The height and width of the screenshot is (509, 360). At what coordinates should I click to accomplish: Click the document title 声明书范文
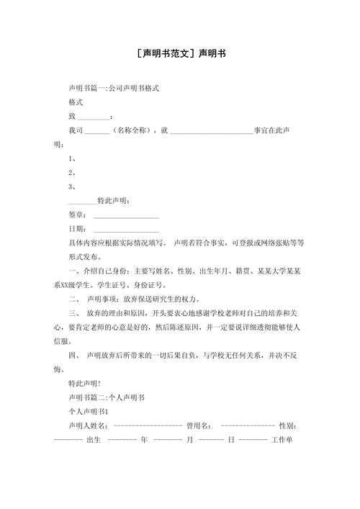(x=180, y=53)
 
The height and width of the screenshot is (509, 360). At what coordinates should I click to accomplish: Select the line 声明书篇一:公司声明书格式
(x=113, y=88)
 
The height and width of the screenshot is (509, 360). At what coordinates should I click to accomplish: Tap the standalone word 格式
(x=76, y=102)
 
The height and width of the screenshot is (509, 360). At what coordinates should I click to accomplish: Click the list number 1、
(x=72, y=158)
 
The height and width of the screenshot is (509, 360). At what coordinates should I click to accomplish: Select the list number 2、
(x=72, y=172)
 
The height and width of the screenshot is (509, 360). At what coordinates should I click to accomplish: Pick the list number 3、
(x=72, y=186)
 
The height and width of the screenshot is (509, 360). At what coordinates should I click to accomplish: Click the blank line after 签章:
(x=126, y=215)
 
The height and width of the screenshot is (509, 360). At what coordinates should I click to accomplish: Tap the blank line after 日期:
(x=126, y=229)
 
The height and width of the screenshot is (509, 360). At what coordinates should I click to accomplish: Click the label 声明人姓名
(x=87, y=425)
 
